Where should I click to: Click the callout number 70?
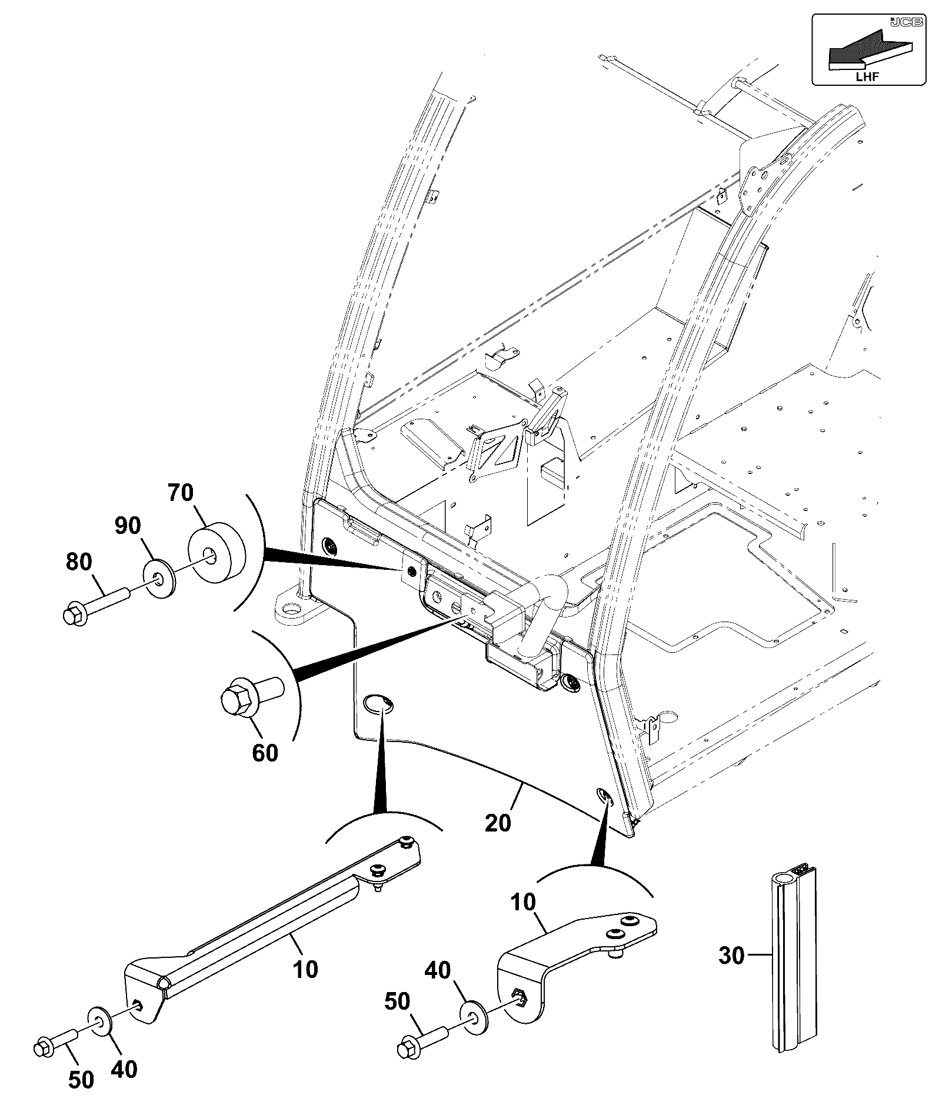181,493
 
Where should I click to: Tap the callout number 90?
128,526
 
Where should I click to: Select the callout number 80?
79,562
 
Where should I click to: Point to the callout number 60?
265,753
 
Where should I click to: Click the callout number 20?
498,823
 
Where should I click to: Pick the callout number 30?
732,956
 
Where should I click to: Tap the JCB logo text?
901,22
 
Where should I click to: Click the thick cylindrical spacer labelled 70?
216,553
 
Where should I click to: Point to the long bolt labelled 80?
95,606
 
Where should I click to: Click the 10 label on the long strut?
305,969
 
